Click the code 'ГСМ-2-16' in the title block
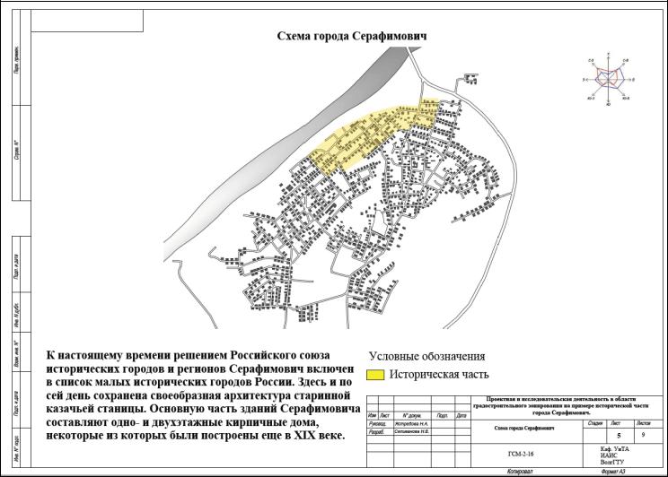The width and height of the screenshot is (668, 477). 521,454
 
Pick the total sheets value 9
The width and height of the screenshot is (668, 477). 643,432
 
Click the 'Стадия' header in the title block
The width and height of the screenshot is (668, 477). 593,421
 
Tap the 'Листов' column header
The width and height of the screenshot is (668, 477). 643,421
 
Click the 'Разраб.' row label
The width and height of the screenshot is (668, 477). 376,431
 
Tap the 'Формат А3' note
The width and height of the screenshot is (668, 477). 613,470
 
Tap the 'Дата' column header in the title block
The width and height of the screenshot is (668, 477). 461,415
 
